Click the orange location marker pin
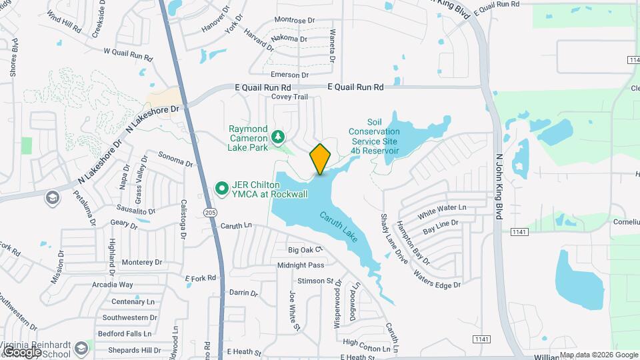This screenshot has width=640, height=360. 320,159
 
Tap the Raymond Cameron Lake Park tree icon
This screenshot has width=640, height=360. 277,137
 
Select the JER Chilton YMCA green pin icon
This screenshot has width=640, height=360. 223,191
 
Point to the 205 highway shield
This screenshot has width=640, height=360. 211,213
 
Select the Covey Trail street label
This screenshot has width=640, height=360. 289,97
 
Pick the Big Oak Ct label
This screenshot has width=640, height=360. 305,250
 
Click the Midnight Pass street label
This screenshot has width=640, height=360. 301,265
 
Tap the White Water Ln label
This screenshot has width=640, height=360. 442,213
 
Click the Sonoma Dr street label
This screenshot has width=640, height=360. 175,159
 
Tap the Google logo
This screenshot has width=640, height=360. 22,351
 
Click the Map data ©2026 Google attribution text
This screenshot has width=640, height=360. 598,355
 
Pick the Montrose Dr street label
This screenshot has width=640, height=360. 294,21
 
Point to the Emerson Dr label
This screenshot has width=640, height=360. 287,75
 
